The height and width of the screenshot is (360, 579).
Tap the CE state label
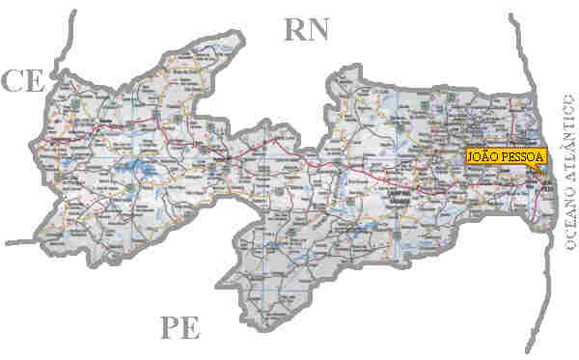click(22, 81)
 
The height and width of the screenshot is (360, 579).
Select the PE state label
click(179, 329)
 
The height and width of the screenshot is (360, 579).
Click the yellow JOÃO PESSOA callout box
click(506, 155)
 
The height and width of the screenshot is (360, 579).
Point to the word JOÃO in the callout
click(482, 155)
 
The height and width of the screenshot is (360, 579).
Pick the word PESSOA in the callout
click(521, 155)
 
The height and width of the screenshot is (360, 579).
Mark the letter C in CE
click(12, 81)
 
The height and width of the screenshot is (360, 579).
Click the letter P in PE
click(169, 329)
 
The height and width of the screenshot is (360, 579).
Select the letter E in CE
click(35, 81)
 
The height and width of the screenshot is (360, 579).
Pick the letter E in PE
click(191, 329)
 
